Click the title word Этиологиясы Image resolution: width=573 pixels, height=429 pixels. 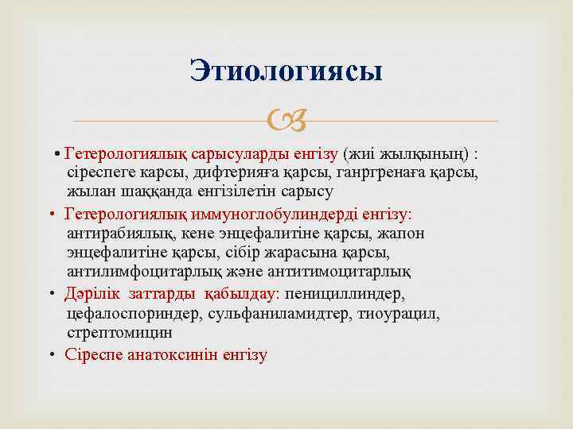click(x=286, y=71)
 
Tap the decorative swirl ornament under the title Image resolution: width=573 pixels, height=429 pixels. click(x=286, y=122)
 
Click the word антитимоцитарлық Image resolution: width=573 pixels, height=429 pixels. click(x=349, y=272)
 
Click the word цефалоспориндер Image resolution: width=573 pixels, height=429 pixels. click(x=135, y=313)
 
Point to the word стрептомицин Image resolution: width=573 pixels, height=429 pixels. click(x=119, y=333)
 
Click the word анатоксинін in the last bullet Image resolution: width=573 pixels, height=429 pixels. click(x=169, y=354)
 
